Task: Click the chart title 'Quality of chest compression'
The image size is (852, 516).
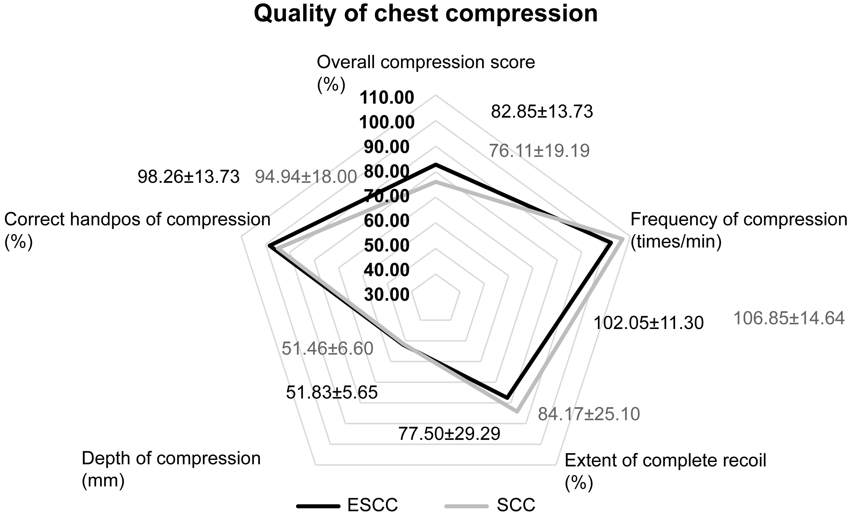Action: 426,14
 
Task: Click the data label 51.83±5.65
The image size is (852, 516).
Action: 332,393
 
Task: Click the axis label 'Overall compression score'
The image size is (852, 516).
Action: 426,63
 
